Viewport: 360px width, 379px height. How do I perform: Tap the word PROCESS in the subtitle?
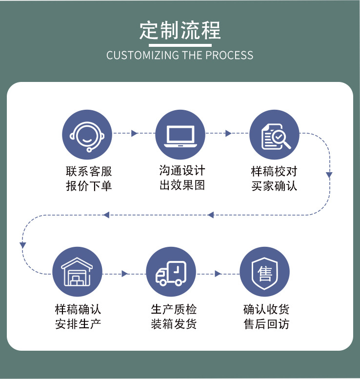pyautogui.click(x=229, y=55)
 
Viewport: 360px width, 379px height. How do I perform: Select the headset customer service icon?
pyautogui.click(x=87, y=134)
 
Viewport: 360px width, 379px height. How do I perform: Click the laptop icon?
pyautogui.click(x=180, y=134)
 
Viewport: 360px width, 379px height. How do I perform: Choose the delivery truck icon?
pyautogui.click(x=171, y=272)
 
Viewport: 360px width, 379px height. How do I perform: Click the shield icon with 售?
pyautogui.click(x=265, y=272)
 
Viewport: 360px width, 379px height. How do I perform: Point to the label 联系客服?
pyautogui.click(x=89, y=171)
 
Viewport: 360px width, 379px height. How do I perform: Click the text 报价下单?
pyautogui.click(x=89, y=186)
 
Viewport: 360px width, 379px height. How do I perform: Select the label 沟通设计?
pyautogui.click(x=182, y=171)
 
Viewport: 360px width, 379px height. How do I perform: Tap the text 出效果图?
pyautogui.click(x=182, y=185)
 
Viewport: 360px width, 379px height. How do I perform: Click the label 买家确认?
pyautogui.click(x=274, y=186)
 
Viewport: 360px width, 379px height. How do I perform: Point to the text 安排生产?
pyautogui.click(x=78, y=323)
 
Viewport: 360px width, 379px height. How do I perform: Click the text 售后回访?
pyautogui.click(x=266, y=323)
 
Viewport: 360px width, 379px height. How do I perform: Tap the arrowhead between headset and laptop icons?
pyautogui.click(x=135, y=134)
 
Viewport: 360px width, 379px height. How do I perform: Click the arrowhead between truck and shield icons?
pyautogui.click(x=218, y=274)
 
